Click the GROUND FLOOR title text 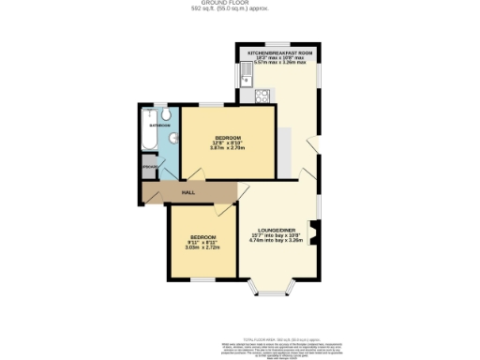click(x=239, y=5)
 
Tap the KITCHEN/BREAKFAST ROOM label click(x=278, y=53)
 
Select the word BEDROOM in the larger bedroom click(x=227, y=137)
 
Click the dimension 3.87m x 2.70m click(x=227, y=148)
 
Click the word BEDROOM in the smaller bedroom click(x=203, y=235)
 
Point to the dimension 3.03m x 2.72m click(x=203, y=247)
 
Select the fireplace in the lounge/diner click(x=313, y=232)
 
